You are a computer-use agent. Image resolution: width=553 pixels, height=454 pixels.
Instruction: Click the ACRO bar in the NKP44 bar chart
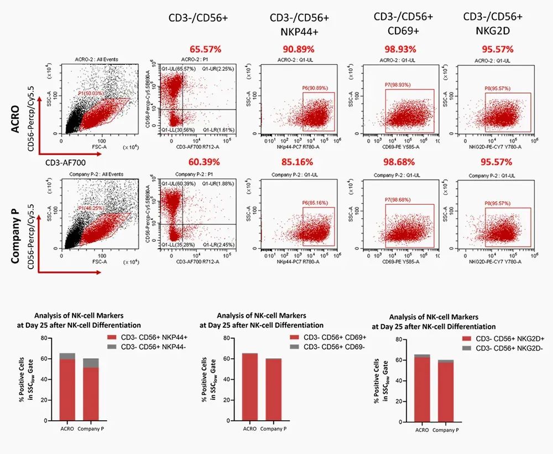coord(67,388)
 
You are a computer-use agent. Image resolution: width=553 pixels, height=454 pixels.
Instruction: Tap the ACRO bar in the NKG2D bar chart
coord(422,389)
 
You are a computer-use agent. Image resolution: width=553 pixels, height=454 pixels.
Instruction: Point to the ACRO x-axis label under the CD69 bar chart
coord(250,428)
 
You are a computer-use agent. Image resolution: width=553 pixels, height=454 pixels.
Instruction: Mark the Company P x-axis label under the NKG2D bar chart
coord(446,430)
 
